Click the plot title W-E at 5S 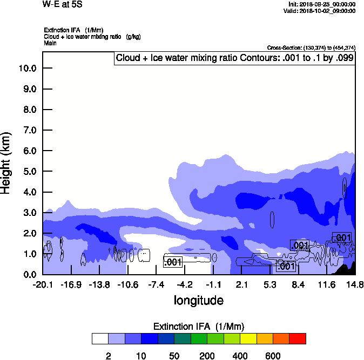(59, 5)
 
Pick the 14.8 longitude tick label (355, 284)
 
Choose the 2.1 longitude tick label (241, 284)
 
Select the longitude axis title (198, 300)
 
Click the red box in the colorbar (298, 339)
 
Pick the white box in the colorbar (100, 339)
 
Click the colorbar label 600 (273, 356)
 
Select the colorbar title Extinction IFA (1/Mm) (199, 327)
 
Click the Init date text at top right (322, 4)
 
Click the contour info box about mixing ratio (235, 57)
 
